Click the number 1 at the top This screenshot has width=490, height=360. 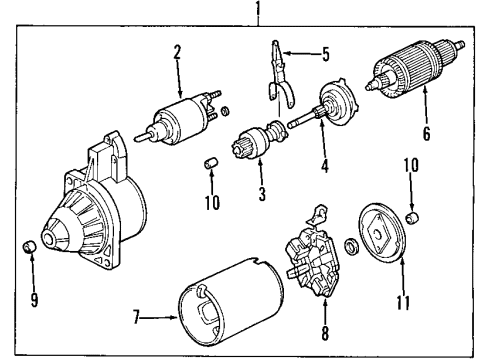tap(258, 12)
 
